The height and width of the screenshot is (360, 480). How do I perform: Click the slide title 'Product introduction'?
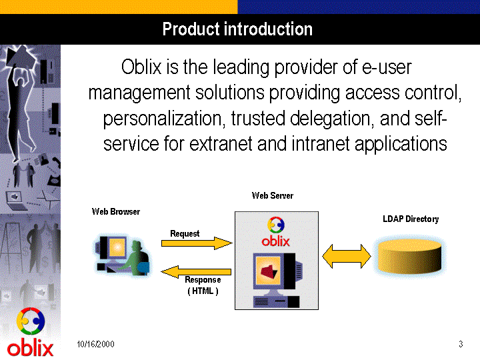[237, 29]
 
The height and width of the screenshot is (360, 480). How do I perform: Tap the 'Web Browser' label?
[116, 211]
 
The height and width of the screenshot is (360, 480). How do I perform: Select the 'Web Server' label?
[273, 195]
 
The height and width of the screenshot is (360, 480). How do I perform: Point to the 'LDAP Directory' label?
[411, 219]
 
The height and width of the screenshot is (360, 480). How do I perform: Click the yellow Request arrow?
[197, 243]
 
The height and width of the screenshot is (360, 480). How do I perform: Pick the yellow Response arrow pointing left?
[196, 272]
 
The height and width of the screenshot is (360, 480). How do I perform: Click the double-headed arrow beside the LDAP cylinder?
[347, 256]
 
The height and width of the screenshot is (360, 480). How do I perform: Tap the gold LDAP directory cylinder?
[409, 257]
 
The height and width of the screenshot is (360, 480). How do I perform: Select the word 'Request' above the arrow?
[185, 233]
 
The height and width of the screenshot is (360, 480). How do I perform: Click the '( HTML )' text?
[203, 291]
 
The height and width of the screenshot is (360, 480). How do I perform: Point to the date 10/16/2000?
[95, 344]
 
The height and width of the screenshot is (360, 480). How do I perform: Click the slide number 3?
[461, 344]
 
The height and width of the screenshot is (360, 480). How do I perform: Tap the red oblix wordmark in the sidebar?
[30, 349]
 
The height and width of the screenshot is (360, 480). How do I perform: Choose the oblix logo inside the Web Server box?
[275, 232]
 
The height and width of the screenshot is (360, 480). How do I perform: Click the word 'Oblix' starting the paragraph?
[141, 67]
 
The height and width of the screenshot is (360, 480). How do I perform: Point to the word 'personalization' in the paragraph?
[162, 119]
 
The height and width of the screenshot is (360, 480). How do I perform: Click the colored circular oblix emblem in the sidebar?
[31, 321]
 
